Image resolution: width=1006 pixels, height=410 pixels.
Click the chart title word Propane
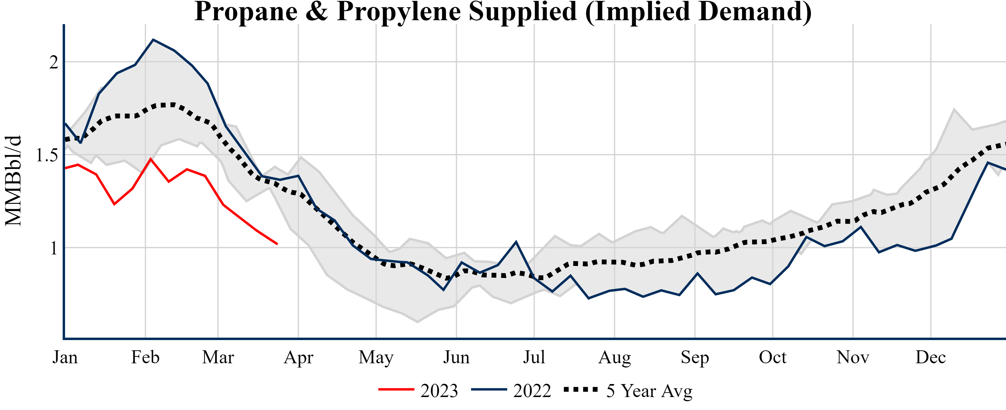click(x=246, y=12)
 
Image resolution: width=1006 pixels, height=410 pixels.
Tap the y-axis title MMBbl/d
click(x=13, y=181)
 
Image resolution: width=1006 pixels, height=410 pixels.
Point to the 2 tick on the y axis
click(x=54, y=62)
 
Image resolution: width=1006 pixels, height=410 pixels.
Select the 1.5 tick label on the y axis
click(x=47, y=155)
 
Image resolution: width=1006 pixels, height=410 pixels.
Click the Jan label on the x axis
click(x=65, y=357)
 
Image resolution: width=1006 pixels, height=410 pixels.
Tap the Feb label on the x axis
click(x=145, y=357)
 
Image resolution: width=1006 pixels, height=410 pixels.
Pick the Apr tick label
click(x=298, y=357)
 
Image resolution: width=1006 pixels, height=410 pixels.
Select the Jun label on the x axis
click(x=456, y=357)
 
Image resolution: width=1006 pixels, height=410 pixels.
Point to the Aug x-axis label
click(x=614, y=357)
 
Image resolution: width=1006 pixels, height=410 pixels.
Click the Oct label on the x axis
click(x=773, y=357)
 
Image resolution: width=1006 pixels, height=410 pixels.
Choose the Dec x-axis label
click(x=931, y=357)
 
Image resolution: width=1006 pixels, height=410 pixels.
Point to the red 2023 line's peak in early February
click(x=151, y=159)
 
